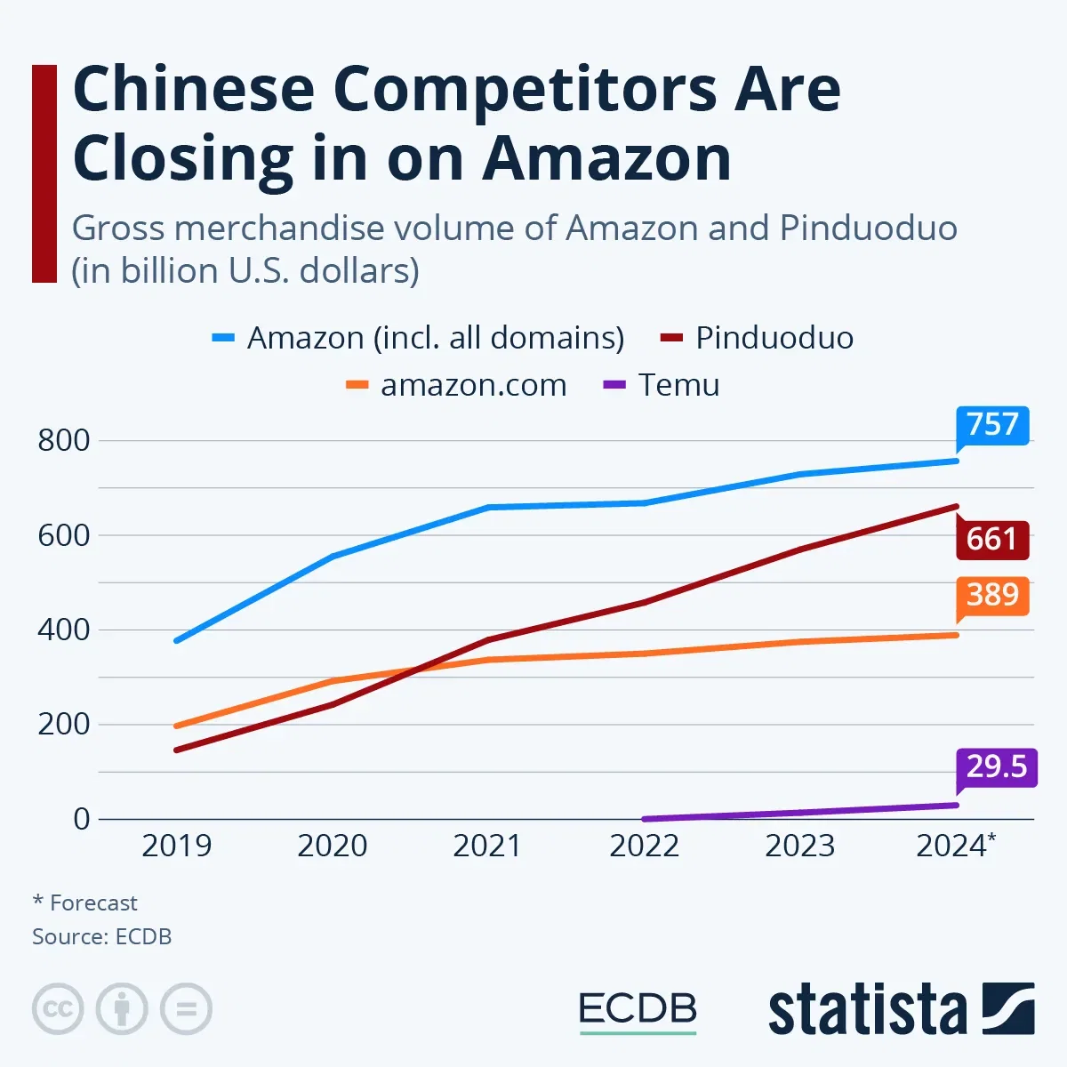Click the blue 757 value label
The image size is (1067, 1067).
pyautogui.click(x=992, y=425)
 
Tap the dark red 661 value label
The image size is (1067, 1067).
pyautogui.click(x=992, y=540)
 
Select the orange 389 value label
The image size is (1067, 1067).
pyautogui.click(x=992, y=595)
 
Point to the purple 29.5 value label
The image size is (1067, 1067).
pyautogui.click(x=997, y=766)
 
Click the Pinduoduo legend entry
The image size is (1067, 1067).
pyautogui.click(x=774, y=338)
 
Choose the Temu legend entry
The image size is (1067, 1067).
pyautogui.click(x=678, y=385)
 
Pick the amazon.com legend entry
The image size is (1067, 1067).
pyautogui.click(x=472, y=385)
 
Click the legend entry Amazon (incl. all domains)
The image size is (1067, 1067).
pyautogui.click(x=435, y=338)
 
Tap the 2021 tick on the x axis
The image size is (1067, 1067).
pyautogui.click(x=487, y=846)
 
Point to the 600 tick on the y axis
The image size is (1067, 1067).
pyautogui.click(x=64, y=535)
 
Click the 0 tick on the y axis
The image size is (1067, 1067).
pyautogui.click(x=82, y=819)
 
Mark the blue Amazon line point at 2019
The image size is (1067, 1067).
pyautogui.click(x=177, y=640)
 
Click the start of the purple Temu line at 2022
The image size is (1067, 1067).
pyautogui.click(x=644, y=819)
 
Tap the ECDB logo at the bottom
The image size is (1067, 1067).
pyautogui.click(x=638, y=1010)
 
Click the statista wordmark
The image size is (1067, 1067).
pyautogui.click(x=867, y=1011)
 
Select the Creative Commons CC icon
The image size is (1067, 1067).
pyautogui.click(x=58, y=1009)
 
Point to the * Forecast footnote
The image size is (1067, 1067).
pyautogui.click(x=85, y=903)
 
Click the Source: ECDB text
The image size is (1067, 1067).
pyautogui.click(x=101, y=936)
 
